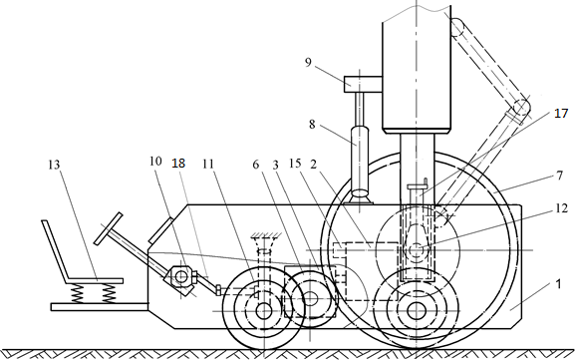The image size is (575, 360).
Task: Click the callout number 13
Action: click(x=54, y=165)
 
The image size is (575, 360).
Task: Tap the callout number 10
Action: click(x=155, y=162)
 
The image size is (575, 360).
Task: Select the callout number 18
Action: click(x=178, y=163)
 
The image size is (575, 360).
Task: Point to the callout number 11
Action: click(x=208, y=164)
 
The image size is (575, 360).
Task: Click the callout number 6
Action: click(x=255, y=165)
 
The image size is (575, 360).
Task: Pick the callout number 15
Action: click(x=295, y=164)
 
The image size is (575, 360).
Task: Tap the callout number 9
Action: click(x=308, y=63)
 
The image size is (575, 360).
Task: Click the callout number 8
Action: click(x=312, y=125)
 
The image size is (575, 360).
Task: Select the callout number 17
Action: click(x=561, y=114)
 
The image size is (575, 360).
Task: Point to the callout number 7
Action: click(x=559, y=177)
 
